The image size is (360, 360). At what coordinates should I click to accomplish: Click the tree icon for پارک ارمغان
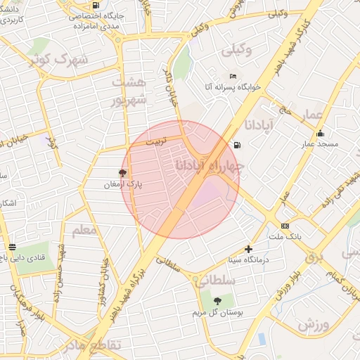[123, 172]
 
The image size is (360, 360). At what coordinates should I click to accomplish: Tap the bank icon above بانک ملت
[285, 226]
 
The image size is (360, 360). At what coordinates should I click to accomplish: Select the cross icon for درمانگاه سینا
[248, 249]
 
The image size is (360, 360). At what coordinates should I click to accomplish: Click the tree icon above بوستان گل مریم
[217, 300]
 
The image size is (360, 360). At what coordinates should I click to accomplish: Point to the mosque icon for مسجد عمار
[321, 134]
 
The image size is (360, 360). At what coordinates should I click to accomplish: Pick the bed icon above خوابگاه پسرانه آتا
[233, 76]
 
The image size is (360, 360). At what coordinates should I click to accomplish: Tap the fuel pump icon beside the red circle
[236, 146]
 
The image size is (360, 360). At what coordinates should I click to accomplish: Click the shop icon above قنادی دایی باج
[12, 247]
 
